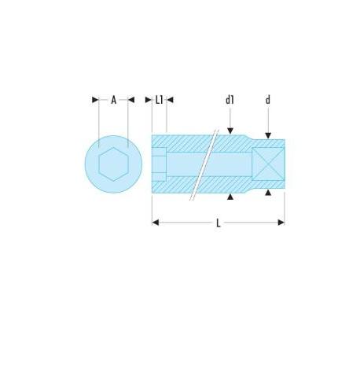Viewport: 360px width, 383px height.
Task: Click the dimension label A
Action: (113, 100)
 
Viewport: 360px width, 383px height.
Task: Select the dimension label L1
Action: (160, 100)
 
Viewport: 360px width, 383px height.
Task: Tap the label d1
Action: (230, 100)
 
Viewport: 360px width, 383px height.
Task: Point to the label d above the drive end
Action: (268, 100)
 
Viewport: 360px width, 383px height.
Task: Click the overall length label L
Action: (219, 223)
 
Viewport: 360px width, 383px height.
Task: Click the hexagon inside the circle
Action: (113, 164)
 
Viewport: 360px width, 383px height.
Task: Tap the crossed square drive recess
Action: (268, 164)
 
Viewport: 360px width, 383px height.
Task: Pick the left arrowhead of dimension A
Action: (95, 100)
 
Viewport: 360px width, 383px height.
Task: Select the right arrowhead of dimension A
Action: (131, 100)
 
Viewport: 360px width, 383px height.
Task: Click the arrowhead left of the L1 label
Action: (149, 100)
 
